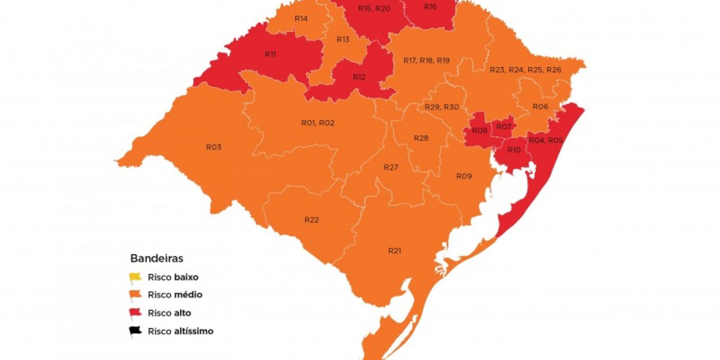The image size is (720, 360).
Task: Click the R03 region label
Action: pyautogui.click(x=213, y=147)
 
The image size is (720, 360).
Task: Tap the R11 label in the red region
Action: pyautogui.click(x=270, y=54)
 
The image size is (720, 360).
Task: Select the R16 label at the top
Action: pyautogui.click(x=430, y=7)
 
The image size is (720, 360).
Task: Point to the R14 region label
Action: pyautogui.click(x=301, y=18)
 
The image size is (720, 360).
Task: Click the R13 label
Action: pyautogui.click(x=343, y=39)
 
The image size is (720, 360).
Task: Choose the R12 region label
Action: pyautogui.click(x=359, y=77)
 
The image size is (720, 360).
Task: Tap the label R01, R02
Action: pyautogui.click(x=318, y=123)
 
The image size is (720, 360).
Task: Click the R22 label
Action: pyautogui.click(x=311, y=220)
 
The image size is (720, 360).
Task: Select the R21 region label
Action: pyautogui.click(x=395, y=251)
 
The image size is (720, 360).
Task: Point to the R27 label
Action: pyautogui.click(x=391, y=167)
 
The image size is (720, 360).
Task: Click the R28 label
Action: pyautogui.click(x=421, y=138)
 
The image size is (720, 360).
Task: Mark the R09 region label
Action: pyautogui.click(x=464, y=176)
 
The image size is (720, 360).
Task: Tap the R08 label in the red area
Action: pyautogui.click(x=479, y=131)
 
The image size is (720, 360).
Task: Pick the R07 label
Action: pyautogui.click(x=503, y=127)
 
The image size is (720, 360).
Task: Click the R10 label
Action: pyautogui.click(x=514, y=150)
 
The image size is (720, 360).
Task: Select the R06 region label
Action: pyautogui.click(x=540, y=107)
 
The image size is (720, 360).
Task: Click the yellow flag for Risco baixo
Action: pyautogui.click(x=135, y=278)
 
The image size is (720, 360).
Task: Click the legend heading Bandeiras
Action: pyautogui.click(x=157, y=258)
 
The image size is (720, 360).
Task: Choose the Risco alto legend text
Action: pyautogui.click(x=169, y=313)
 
